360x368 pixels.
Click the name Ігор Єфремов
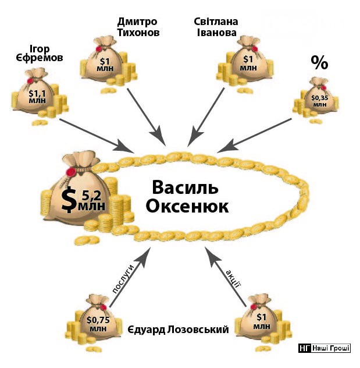point(40,53)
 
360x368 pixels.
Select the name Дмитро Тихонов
point(138,27)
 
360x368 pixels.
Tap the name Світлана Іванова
point(216,27)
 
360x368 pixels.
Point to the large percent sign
point(319,62)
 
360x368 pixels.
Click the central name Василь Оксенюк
point(187,197)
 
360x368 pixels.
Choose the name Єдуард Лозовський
point(178,330)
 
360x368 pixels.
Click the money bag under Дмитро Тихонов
point(108,63)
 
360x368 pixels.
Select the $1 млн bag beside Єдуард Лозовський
point(262,322)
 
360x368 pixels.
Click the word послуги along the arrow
point(123,279)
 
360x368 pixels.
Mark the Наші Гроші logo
point(325,348)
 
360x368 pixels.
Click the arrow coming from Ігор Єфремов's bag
point(96,135)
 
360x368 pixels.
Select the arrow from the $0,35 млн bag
point(255,135)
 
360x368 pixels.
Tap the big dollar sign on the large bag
point(69,200)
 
